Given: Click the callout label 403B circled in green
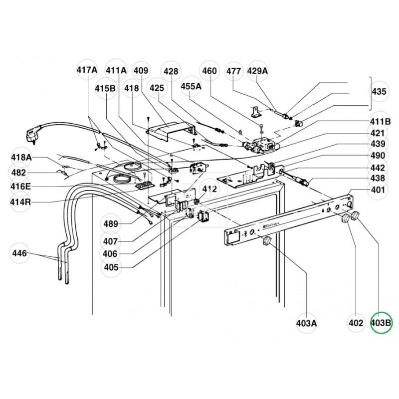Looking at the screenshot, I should (x=382, y=323).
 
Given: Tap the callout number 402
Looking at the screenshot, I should (x=356, y=323).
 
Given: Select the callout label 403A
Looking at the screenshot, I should (x=306, y=323).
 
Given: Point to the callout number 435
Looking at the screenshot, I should (x=379, y=92).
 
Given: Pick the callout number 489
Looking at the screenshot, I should (x=111, y=223).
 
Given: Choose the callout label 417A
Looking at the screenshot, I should (x=87, y=71).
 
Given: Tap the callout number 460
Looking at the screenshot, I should (x=209, y=71).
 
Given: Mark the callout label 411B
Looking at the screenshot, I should (x=380, y=121).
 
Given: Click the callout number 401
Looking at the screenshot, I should (x=378, y=190).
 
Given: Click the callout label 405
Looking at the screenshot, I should (x=111, y=267).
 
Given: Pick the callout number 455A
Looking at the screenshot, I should (x=191, y=86).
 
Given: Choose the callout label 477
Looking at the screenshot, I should (x=233, y=71).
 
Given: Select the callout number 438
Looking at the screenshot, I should (x=378, y=178).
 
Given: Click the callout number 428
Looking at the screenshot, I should (x=171, y=71).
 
